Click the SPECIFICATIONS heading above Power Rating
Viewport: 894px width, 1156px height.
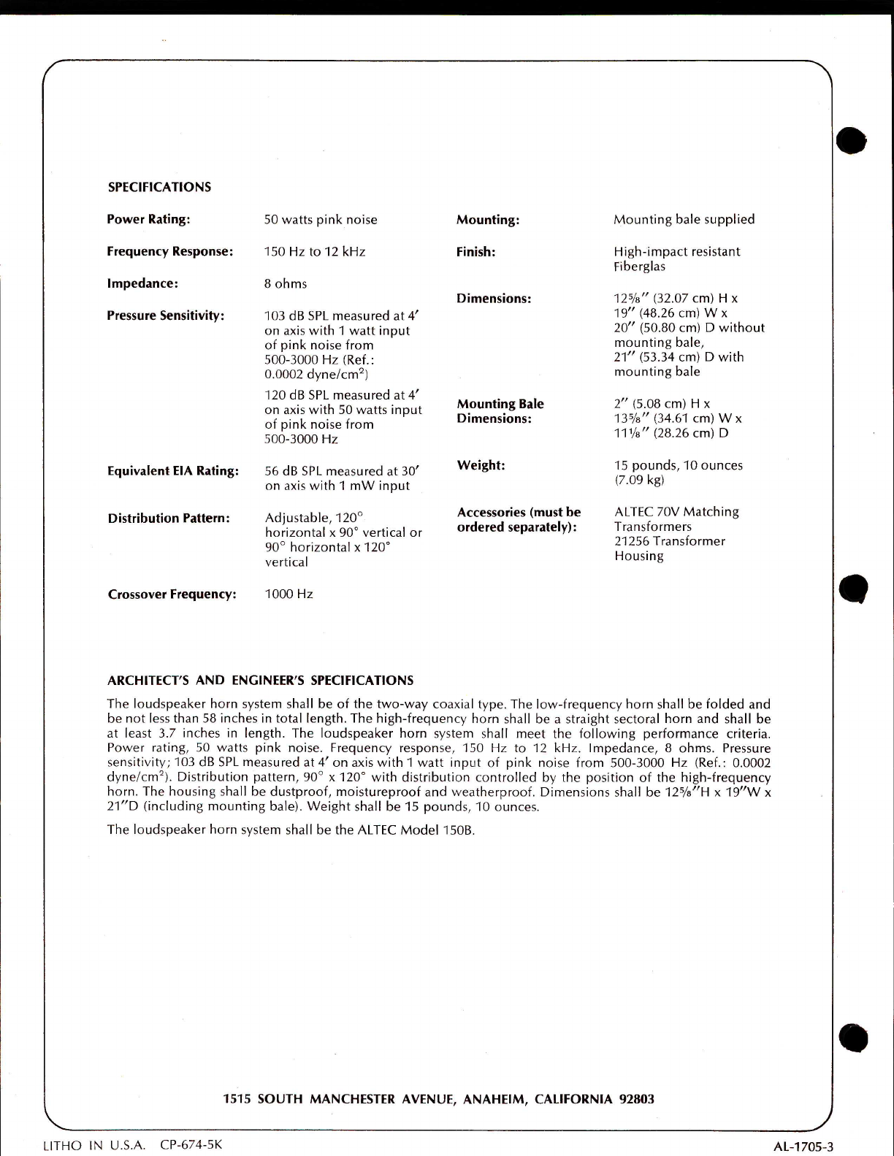159,187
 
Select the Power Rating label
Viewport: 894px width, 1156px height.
148,219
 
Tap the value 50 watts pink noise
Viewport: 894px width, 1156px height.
321,220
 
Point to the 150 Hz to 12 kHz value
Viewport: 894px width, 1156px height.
315,252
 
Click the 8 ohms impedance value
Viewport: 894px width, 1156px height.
286,284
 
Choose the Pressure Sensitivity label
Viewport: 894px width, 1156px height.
166,315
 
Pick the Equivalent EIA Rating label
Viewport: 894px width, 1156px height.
173,471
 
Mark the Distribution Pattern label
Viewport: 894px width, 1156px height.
169,518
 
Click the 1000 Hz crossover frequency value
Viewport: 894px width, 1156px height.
289,594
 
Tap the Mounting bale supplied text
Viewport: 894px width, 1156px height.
684,219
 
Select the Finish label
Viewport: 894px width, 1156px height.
476,252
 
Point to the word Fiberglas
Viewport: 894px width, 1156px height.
640,267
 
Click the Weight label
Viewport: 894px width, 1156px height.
481,465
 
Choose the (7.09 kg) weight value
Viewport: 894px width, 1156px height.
639,480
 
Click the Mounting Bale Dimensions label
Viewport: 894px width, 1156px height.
500,411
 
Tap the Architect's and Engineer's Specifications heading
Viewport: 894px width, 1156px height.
260,681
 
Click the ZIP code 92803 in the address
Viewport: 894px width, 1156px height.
636,1099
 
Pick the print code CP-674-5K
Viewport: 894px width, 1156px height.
191,1144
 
